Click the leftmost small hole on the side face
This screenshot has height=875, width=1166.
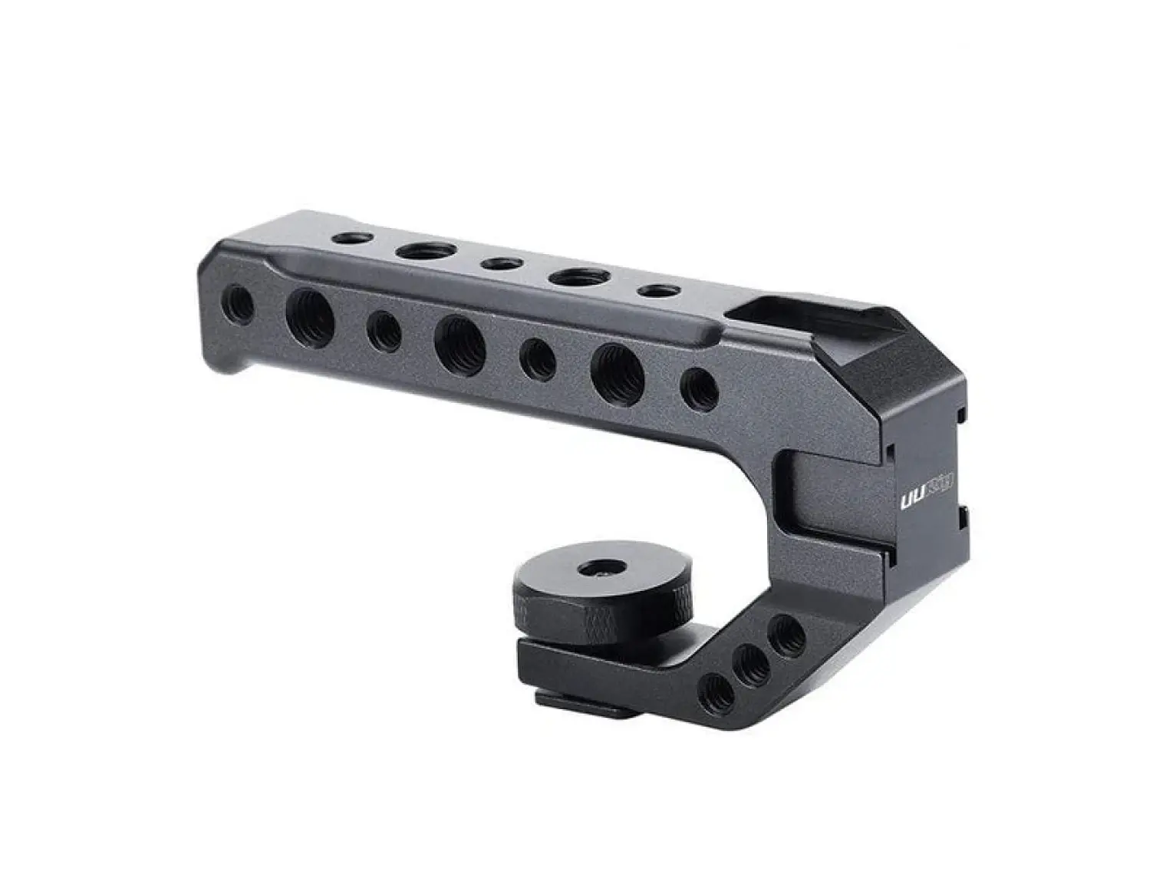238,305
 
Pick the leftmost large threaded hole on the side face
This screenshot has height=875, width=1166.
310,316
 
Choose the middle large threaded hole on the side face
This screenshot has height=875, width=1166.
459,342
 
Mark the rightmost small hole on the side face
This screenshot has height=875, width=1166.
699,389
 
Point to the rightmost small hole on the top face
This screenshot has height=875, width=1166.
658,291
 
